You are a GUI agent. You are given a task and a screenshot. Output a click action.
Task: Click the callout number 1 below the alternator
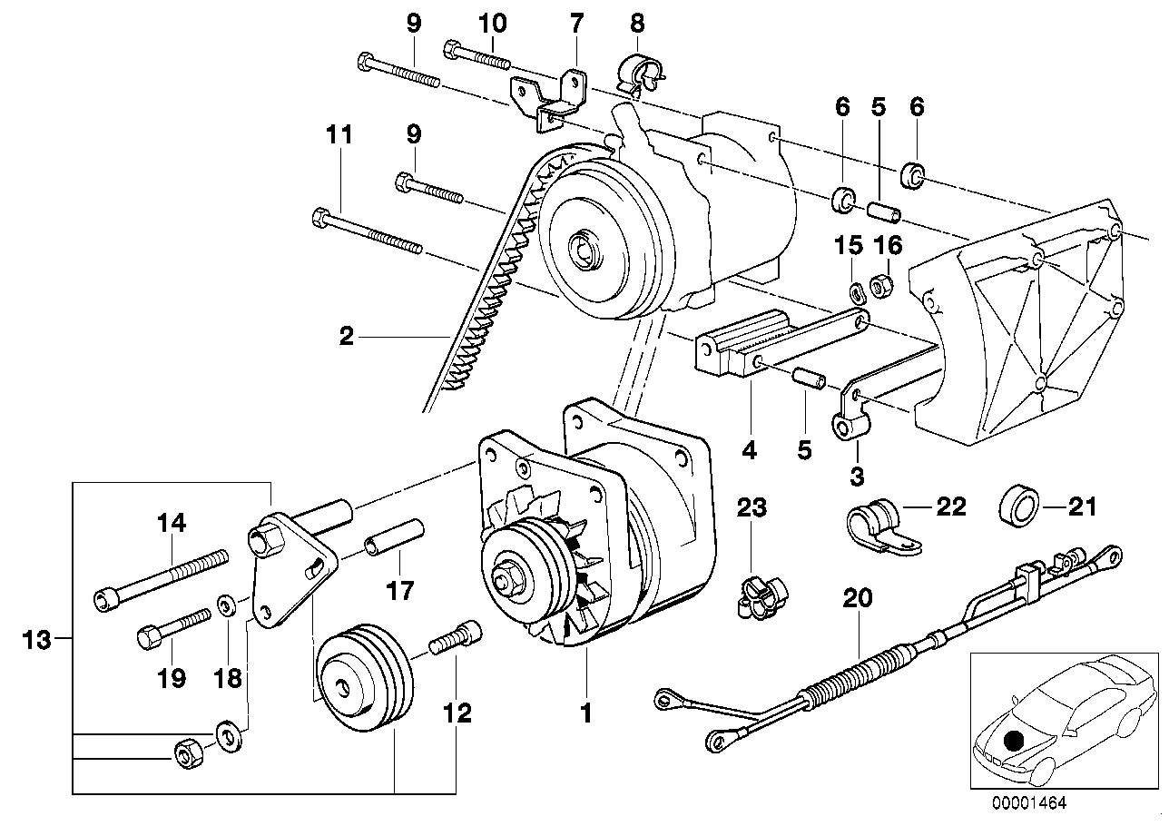pos(585,713)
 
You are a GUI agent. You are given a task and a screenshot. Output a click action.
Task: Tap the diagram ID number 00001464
pos(1030,801)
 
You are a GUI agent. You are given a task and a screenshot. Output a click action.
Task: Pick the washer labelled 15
pos(854,292)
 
